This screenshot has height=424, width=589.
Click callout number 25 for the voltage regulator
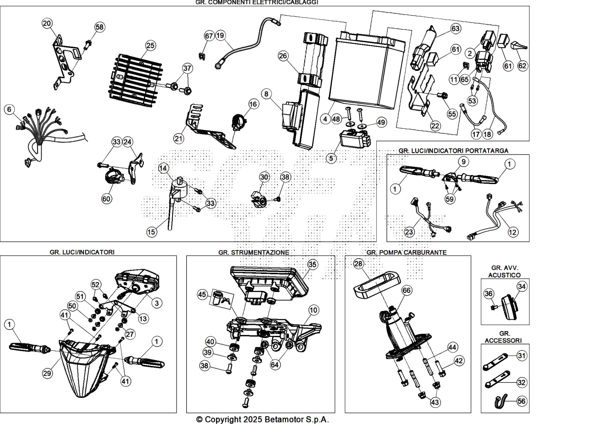coord(150,45)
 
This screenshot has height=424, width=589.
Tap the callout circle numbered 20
coord(47,23)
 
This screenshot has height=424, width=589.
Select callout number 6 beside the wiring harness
coord(9,109)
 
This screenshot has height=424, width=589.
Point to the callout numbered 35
coord(312,264)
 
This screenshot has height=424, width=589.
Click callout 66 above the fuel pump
coord(406,290)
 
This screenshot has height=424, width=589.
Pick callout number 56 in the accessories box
coord(521,401)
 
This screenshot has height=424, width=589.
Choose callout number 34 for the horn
coord(522,286)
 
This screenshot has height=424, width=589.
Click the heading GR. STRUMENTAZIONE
coord(253,252)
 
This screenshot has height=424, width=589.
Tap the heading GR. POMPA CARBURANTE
coord(406,252)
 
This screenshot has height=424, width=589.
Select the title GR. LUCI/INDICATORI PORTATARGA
coord(453,151)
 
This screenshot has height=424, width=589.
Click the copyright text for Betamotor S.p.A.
coord(262,419)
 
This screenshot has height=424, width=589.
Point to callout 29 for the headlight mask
coord(47,373)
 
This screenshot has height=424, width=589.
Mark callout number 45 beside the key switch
coord(202,295)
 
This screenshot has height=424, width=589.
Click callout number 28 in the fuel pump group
coord(358,263)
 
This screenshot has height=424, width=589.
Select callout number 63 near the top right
coord(455,29)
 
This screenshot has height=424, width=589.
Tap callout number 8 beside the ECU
coord(266,94)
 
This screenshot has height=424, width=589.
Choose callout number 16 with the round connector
coord(253,104)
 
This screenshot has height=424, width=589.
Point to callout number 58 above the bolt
coord(99,27)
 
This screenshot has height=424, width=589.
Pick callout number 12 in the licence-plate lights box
coord(513,232)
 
